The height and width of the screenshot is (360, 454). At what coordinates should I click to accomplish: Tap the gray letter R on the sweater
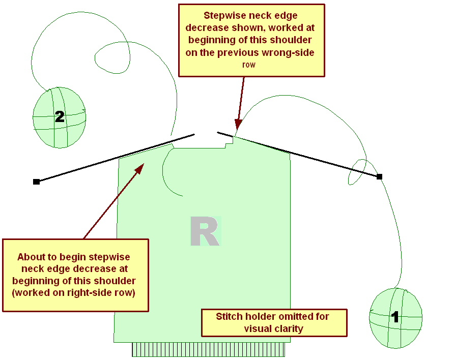point(205,232)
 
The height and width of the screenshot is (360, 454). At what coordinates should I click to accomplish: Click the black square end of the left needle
point(36,182)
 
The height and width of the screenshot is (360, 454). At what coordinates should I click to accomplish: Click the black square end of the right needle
point(379,176)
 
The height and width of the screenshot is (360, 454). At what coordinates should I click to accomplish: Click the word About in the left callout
point(31,257)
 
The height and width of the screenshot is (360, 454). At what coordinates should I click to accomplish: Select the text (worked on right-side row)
point(76,293)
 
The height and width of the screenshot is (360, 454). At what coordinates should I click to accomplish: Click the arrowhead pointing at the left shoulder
point(141,167)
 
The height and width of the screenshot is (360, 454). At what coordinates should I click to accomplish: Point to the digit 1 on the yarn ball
point(394,317)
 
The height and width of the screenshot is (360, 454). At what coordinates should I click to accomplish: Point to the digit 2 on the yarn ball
point(60,117)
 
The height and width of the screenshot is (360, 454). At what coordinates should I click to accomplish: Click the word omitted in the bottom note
point(296,317)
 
